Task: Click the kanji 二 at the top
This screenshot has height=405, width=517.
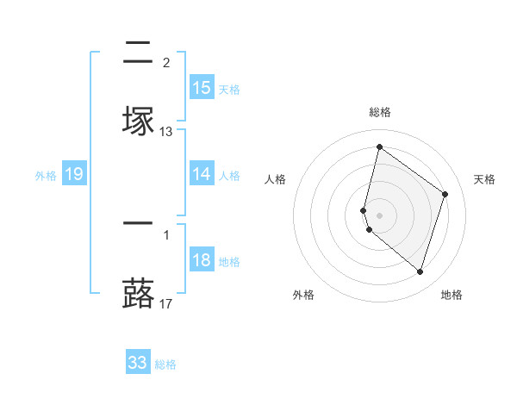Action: tap(138, 53)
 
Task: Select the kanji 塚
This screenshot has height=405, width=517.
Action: tap(138, 119)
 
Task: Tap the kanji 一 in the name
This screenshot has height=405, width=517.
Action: tap(138, 223)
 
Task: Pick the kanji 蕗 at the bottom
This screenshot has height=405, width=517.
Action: tap(138, 290)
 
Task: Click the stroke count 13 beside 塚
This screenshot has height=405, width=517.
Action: tap(166, 131)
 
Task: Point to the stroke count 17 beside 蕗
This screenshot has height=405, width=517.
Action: tap(166, 303)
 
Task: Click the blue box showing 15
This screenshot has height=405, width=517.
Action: tap(202, 87)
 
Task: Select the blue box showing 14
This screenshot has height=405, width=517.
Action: tap(202, 174)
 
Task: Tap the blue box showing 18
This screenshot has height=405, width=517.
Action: tap(202, 260)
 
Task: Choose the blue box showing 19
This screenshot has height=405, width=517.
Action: tap(74, 174)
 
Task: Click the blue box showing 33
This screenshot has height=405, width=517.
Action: tap(138, 363)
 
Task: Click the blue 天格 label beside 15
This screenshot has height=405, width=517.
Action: tap(229, 89)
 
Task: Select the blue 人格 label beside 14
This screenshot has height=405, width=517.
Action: tap(229, 175)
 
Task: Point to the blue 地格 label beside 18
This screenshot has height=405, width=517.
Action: tap(229, 261)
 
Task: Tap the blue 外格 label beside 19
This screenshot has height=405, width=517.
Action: tap(46, 175)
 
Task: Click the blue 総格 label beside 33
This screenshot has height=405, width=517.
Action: tap(165, 364)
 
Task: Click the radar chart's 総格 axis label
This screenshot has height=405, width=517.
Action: tap(379, 112)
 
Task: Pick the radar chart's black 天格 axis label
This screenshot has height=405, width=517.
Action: tap(484, 179)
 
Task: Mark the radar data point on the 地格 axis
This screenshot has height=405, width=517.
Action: tap(420, 271)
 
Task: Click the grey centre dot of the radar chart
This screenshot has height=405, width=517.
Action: tap(379, 215)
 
